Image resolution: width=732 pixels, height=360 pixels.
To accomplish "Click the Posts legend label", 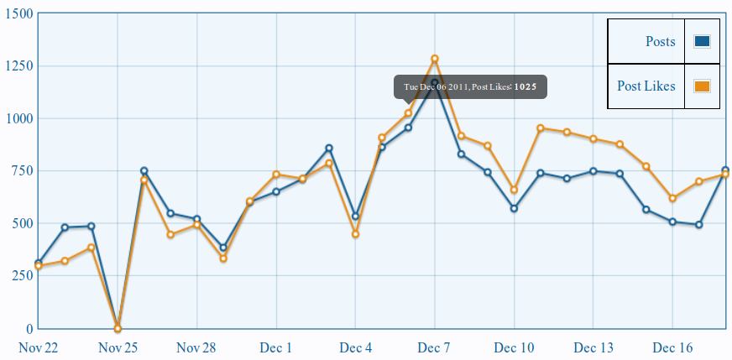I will (x=660, y=42).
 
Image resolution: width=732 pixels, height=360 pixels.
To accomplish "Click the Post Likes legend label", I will (x=646, y=86).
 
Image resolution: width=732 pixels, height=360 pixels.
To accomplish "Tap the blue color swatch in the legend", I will (x=703, y=42).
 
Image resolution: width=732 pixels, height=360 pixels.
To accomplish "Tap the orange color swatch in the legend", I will (x=703, y=86).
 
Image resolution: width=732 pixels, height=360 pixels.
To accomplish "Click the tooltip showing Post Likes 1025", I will (x=470, y=86).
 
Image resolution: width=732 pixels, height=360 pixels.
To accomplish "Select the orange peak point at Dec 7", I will (x=435, y=59).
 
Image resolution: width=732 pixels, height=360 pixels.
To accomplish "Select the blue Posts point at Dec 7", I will (x=435, y=83).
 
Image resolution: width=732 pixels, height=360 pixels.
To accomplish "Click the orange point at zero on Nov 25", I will (x=118, y=328).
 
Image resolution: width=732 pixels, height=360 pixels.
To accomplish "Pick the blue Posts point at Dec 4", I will (x=355, y=217).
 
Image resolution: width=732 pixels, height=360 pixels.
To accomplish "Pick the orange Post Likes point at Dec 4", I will (x=355, y=234).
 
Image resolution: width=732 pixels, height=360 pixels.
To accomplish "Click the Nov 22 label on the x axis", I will (x=38, y=347).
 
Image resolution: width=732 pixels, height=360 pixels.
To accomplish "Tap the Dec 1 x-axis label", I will (x=276, y=347).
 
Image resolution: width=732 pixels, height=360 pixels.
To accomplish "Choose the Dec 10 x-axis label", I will (x=514, y=347).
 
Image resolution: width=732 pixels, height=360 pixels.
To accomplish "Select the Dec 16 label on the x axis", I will (x=672, y=347).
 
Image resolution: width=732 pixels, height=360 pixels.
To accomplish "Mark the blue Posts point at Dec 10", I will (x=514, y=208).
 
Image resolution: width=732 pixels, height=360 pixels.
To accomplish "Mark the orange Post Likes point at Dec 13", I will (x=593, y=139).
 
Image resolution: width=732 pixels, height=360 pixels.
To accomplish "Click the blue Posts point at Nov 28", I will (x=196, y=219).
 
